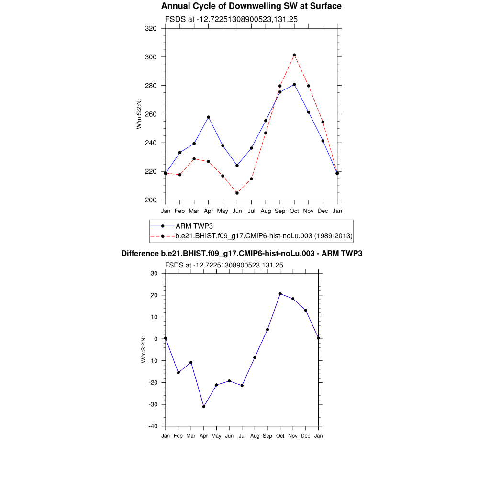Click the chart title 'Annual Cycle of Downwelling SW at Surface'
click(x=251, y=6)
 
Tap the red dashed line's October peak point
click(x=294, y=55)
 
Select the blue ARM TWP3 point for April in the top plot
click(x=208, y=117)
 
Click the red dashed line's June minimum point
click(x=237, y=193)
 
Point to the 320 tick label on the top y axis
click(x=151, y=28)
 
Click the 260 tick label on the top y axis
click(x=151, y=114)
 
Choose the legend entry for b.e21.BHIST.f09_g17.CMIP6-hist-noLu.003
click(x=264, y=236)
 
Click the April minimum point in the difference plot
click(x=204, y=407)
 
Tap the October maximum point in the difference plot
click(x=280, y=294)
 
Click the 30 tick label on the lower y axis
click(x=154, y=274)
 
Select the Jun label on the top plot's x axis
click(x=237, y=211)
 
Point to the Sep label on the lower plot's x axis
click(x=267, y=436)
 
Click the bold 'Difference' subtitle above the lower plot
click(x=242, y=253)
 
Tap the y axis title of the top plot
click(x=139, y=114)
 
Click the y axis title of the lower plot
click(x=143, y=349)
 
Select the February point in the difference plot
click(x=178, y=373)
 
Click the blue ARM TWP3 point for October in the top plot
click(x=294, y=84)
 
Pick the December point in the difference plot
click(x=306, y=310)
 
